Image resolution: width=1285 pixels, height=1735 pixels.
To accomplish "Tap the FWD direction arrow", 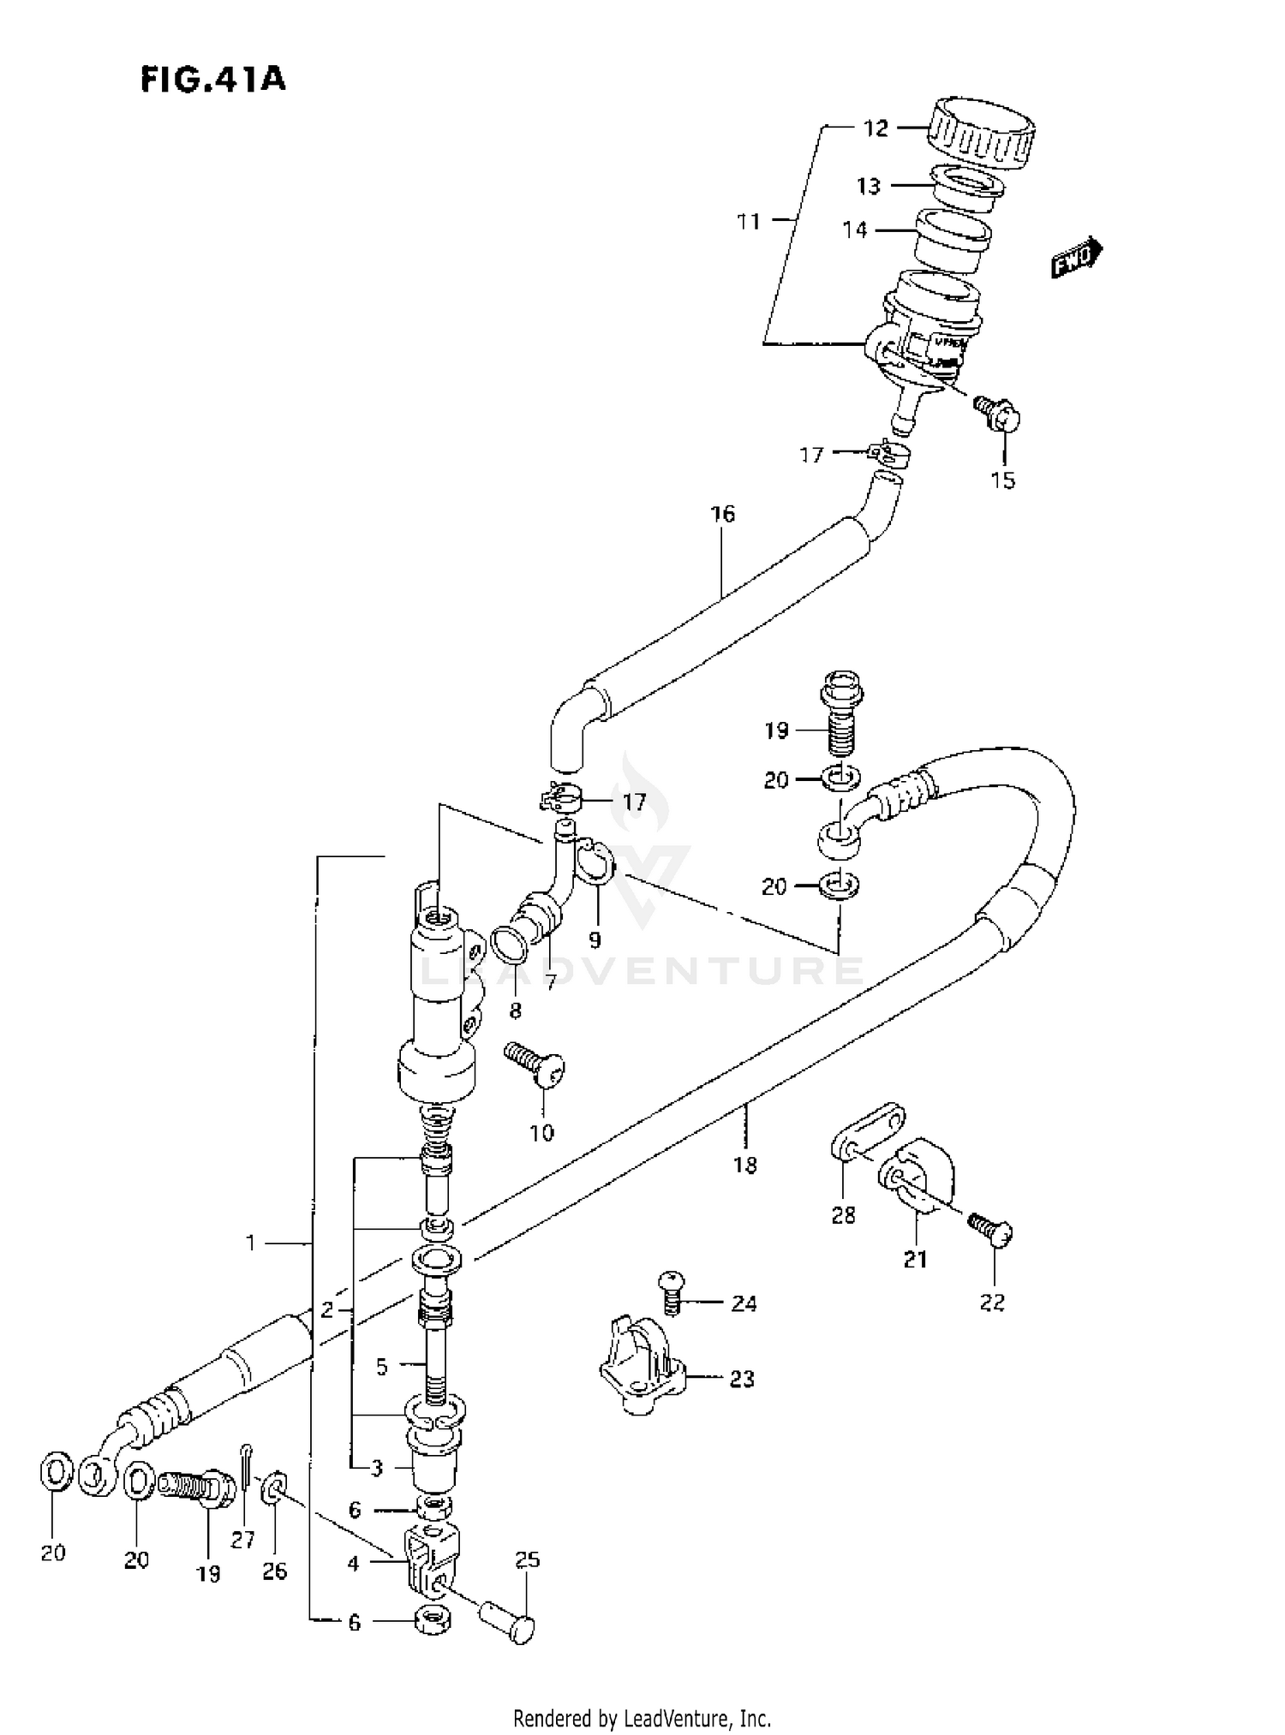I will click(x=1077, y=257).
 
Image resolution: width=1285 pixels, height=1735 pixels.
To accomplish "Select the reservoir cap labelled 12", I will click(x=982, y=132).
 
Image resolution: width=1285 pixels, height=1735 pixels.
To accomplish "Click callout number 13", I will click(x=869, y=186).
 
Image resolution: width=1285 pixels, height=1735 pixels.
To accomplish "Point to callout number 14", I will click(x=855, y=230).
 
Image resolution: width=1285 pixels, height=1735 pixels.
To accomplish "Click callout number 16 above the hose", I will click(x=722, y=514).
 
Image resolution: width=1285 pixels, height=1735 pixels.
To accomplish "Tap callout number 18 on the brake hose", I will click(x=745, y=1165).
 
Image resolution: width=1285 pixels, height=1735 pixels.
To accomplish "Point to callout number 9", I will click(x=595, y=939).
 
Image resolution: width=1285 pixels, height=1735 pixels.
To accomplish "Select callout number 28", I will click(x=843, y=1214).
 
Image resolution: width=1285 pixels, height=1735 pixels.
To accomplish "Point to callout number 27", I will click(x=242, y=1540).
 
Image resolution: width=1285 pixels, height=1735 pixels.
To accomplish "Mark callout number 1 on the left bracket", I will click(x=251, y=1242).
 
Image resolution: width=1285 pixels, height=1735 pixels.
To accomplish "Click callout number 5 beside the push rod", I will click(x=381, y=1366).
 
